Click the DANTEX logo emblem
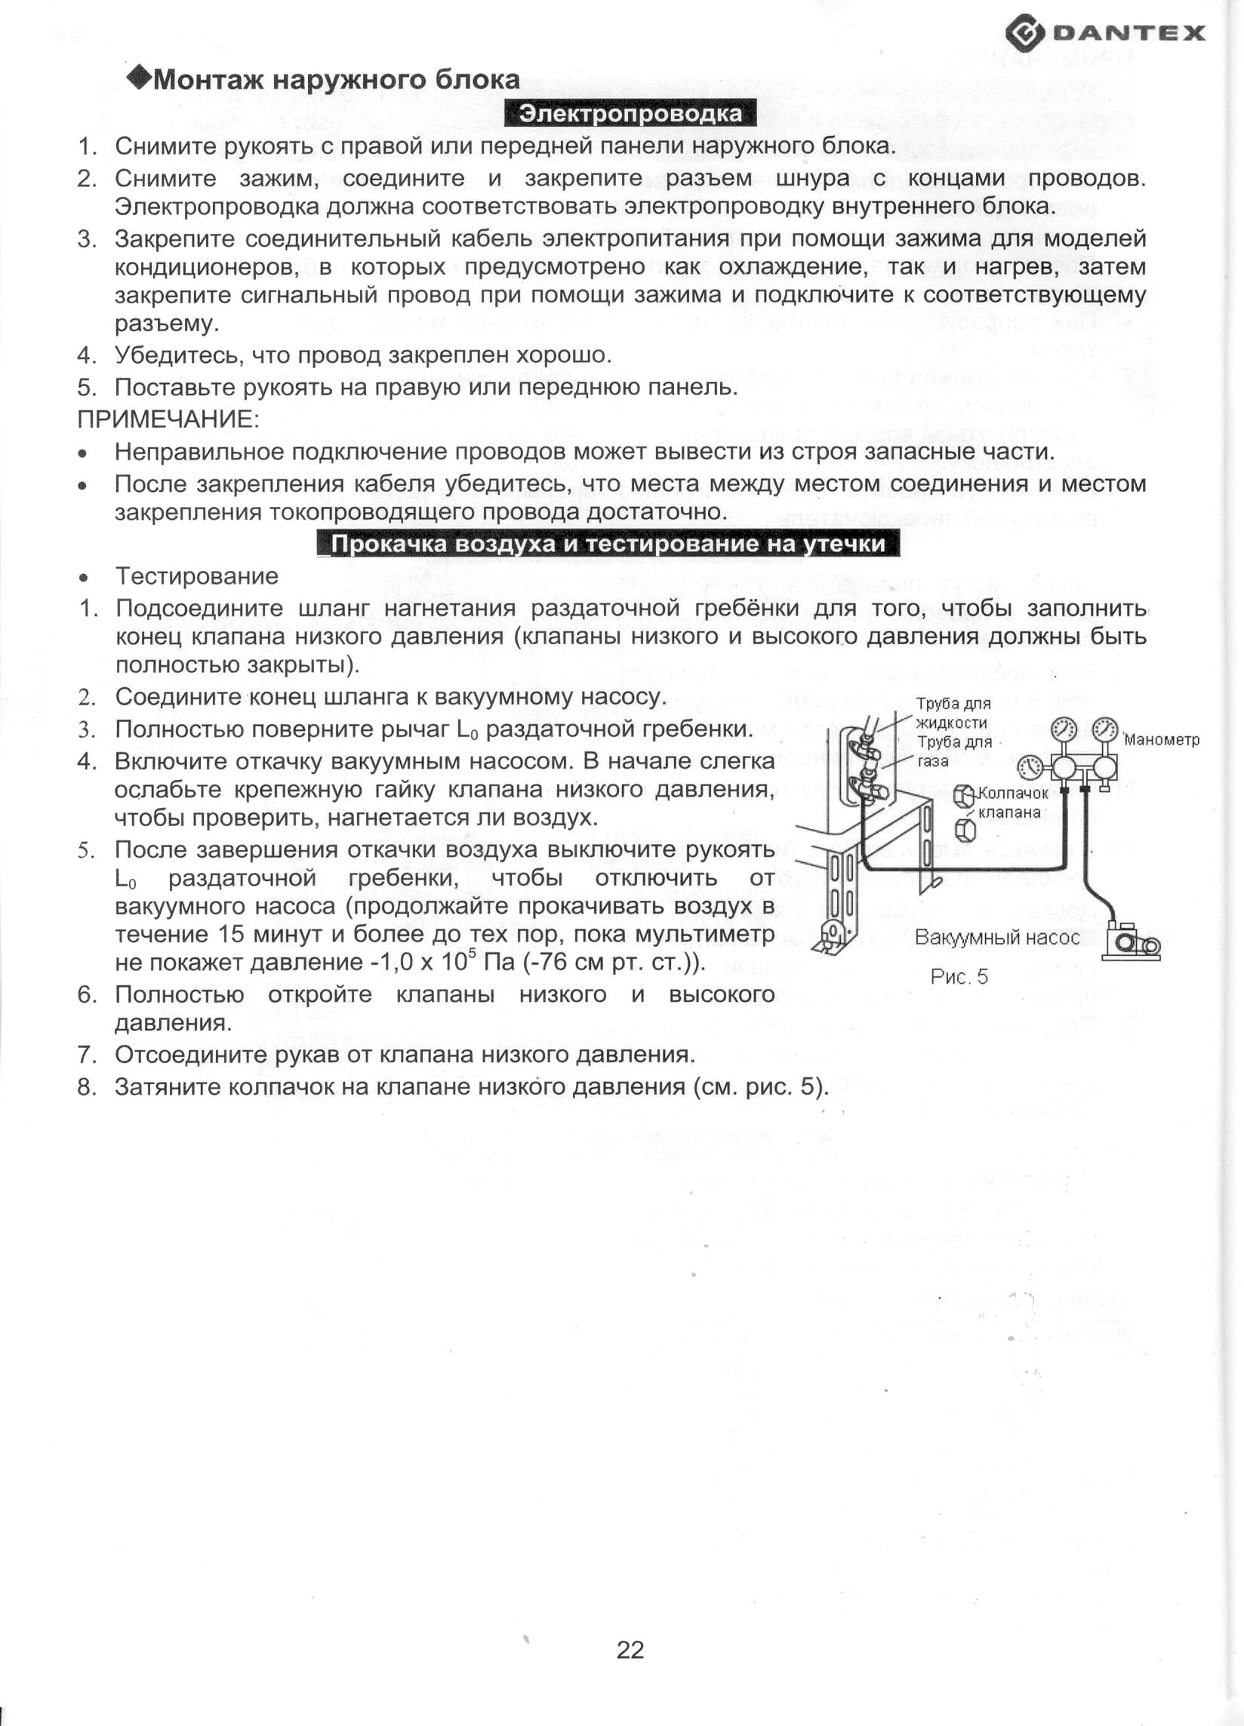1024,33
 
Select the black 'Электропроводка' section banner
630,114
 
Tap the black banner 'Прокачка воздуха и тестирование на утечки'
608,544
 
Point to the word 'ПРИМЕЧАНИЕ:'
168,419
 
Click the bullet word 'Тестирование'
196,576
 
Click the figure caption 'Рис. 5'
959,977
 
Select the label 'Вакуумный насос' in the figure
996,938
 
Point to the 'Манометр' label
1161,740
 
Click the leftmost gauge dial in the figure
1032,766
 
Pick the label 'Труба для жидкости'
952,713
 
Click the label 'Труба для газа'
953,751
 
